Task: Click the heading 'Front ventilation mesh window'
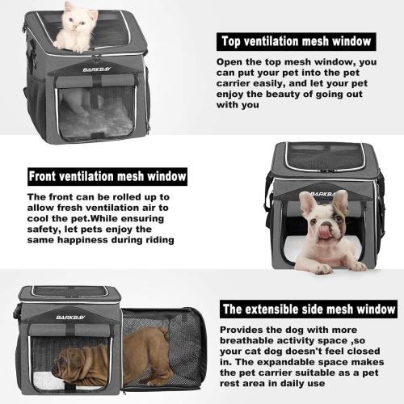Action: click(x=107, y=175)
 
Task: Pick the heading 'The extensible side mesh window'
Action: click(x=309, y=309)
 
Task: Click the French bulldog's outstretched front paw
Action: click(x=356, y=265)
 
